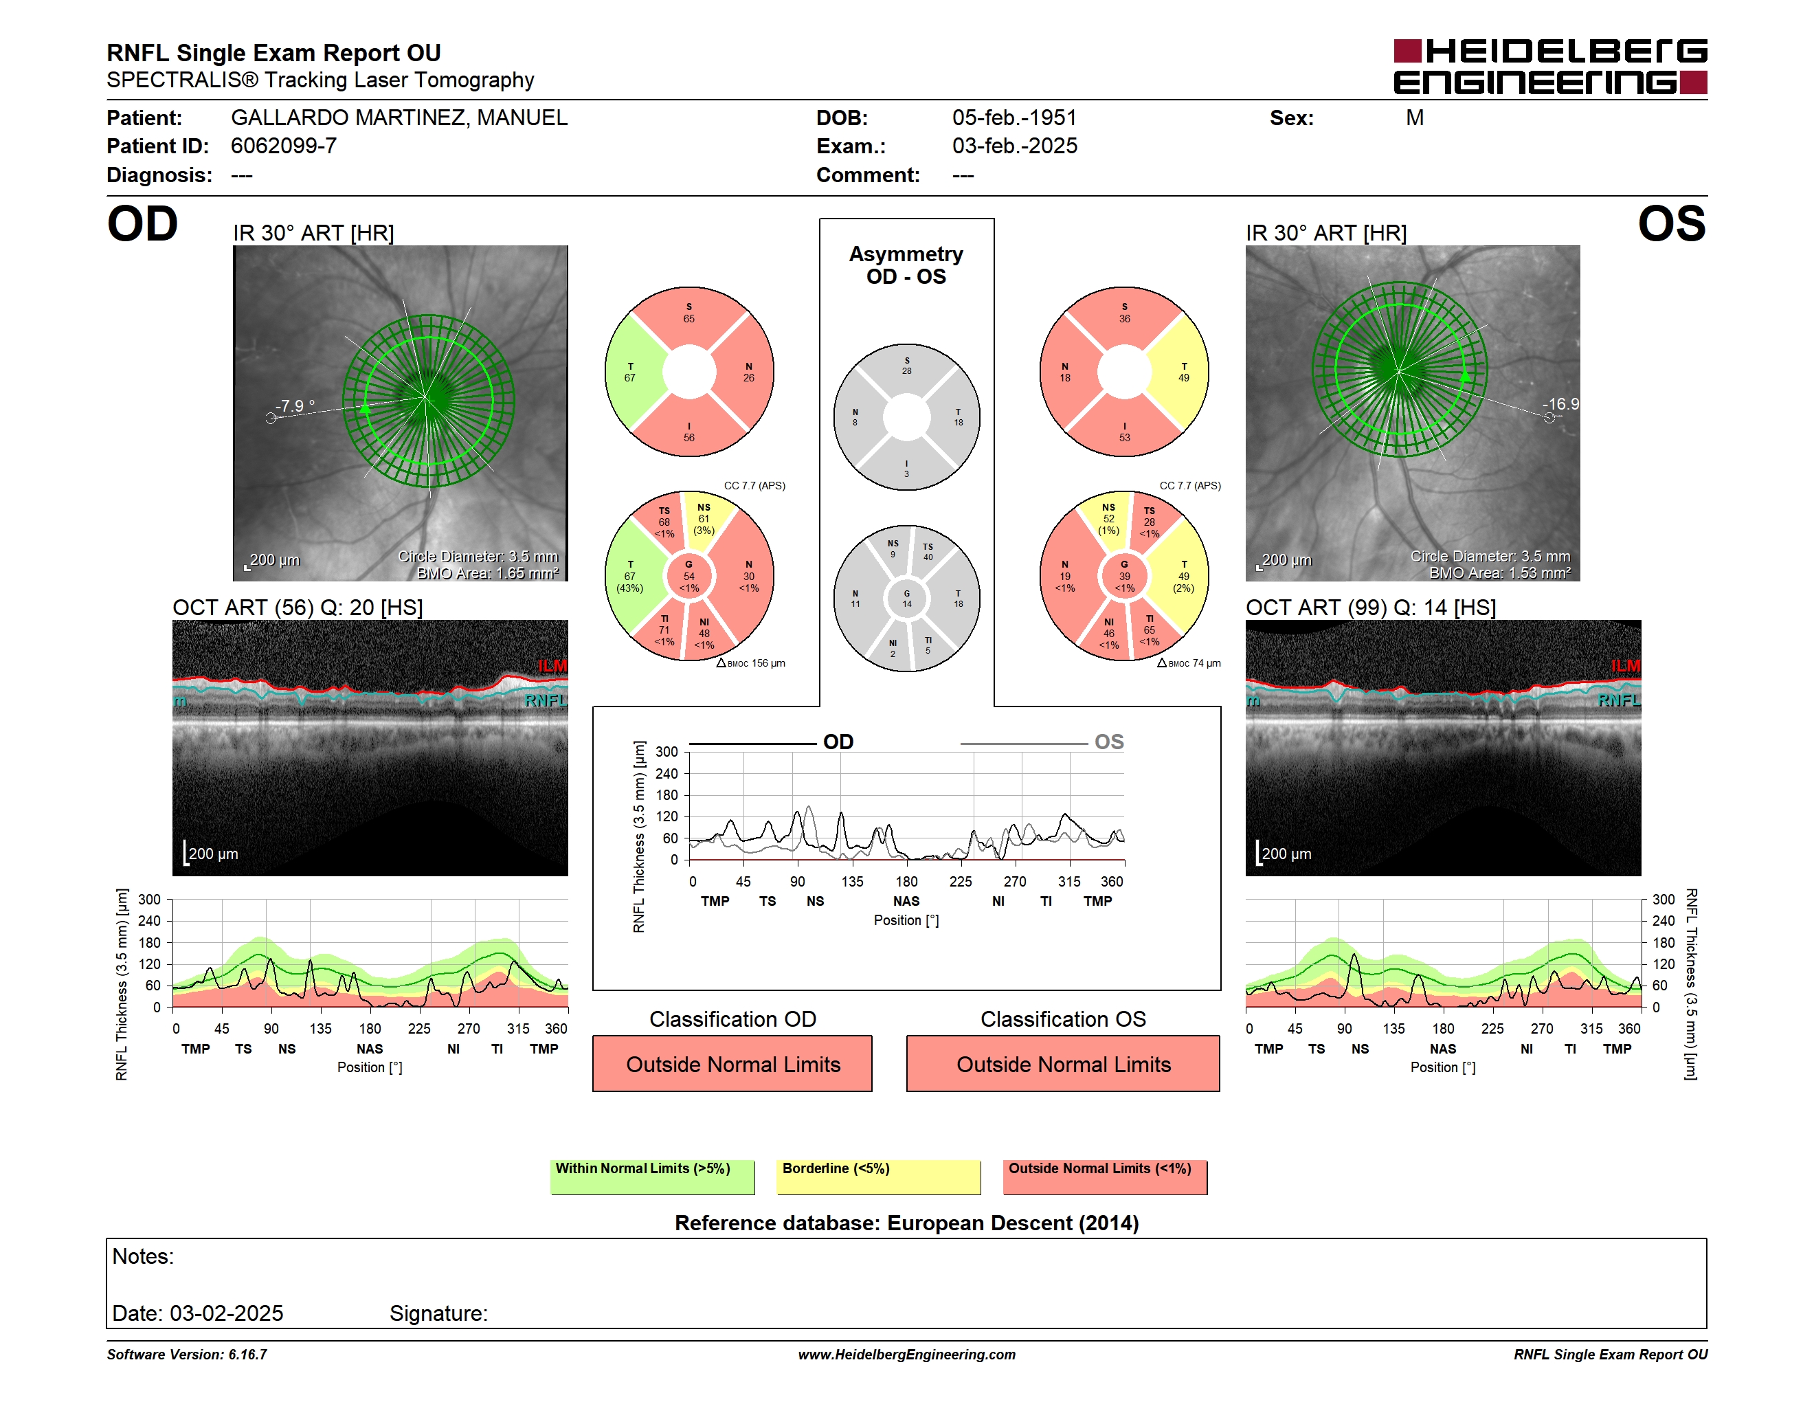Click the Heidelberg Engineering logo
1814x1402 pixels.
(x=1550, y=67)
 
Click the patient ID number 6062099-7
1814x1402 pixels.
(x=284, y=146)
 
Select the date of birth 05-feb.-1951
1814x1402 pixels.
(x=1014, y=118)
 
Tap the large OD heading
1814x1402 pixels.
(x=143, y=224)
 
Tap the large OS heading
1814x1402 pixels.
(x=1671, y=224)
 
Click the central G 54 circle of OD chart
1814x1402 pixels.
(x=689, y=576)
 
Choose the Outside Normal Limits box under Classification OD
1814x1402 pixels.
(x=732, y=1063)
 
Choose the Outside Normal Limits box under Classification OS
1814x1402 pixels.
(x=1063, y=1063)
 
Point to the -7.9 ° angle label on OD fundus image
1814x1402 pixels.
(x=295, y=406)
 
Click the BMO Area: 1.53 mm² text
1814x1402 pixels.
(x=1499, y=573)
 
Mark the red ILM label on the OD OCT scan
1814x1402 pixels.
(x=552, y=666)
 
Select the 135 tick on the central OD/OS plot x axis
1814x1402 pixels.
(x=852, y=881)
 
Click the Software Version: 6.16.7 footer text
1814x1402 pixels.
(x=187, y=1355)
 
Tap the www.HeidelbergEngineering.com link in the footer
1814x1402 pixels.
(x=907, y=1355)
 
